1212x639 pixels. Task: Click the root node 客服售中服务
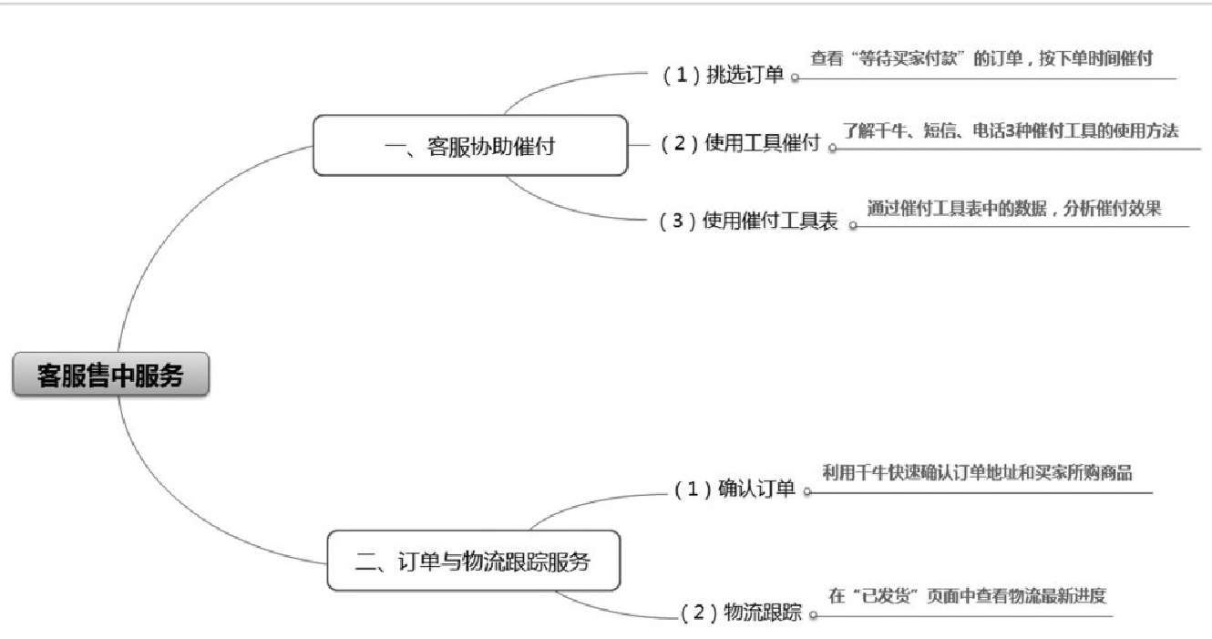coord(110,376)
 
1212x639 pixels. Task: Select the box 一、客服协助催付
coord(469,146)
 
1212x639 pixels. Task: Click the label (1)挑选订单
coord(722,76)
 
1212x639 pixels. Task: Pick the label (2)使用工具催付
coord(739,144)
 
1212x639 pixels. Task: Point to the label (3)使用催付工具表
coord(747,222)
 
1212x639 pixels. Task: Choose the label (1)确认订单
coord(734,490)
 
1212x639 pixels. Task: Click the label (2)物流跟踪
coord(741,613)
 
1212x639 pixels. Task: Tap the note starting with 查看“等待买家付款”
coord(981,59)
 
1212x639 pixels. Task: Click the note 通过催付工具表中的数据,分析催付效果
coord(1014,209)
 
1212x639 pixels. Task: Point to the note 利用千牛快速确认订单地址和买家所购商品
coord(977,472)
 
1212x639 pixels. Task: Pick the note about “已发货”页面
coord(966,597)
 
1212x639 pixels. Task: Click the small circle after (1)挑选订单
coord(795,78)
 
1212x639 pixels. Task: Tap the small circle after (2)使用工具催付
coord(832,147)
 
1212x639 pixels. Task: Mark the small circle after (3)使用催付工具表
coord(853,225)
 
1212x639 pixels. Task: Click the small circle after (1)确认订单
coord(806,492)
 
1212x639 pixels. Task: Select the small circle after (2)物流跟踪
coord(813,615)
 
